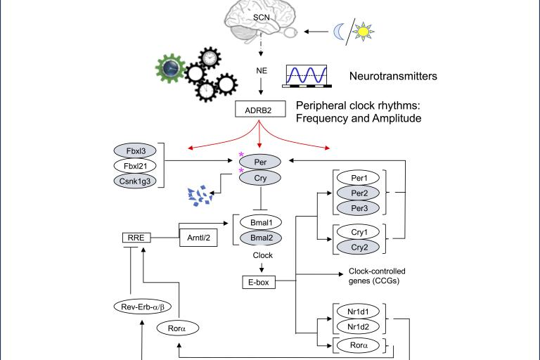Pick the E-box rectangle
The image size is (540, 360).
point(257,283)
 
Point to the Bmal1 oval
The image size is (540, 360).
point(262,223)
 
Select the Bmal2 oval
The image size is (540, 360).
point(262,238)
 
